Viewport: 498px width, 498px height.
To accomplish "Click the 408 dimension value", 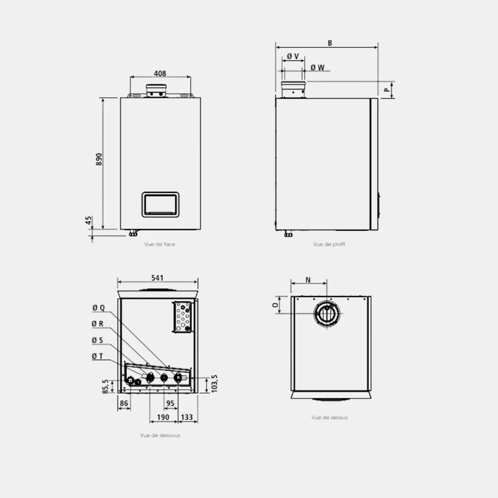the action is pyautogui.click(x=160, y=73).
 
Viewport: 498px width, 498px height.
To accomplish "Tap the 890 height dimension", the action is pyautogui.click(x=99, y=159).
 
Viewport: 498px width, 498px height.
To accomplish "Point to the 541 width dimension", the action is pyautogui.click(x=157, y=278).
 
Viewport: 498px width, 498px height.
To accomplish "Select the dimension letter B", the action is pyautogui.click(x=330, y=43).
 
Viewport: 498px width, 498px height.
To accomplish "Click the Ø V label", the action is pyautogui.click(x=293, y=56).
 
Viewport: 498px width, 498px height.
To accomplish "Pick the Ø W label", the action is pyautogui.click(x=318, y=68).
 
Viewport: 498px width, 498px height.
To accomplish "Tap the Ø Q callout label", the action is pyautogui.click(x=99, y=308).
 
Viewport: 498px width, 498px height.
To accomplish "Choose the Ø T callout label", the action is pyautogui.click(x=97, y=356).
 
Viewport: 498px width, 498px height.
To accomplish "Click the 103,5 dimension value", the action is pyautogui.click(x=214, y=384).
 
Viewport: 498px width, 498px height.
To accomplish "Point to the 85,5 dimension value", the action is pyautogui.click(x=106, y=386).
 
